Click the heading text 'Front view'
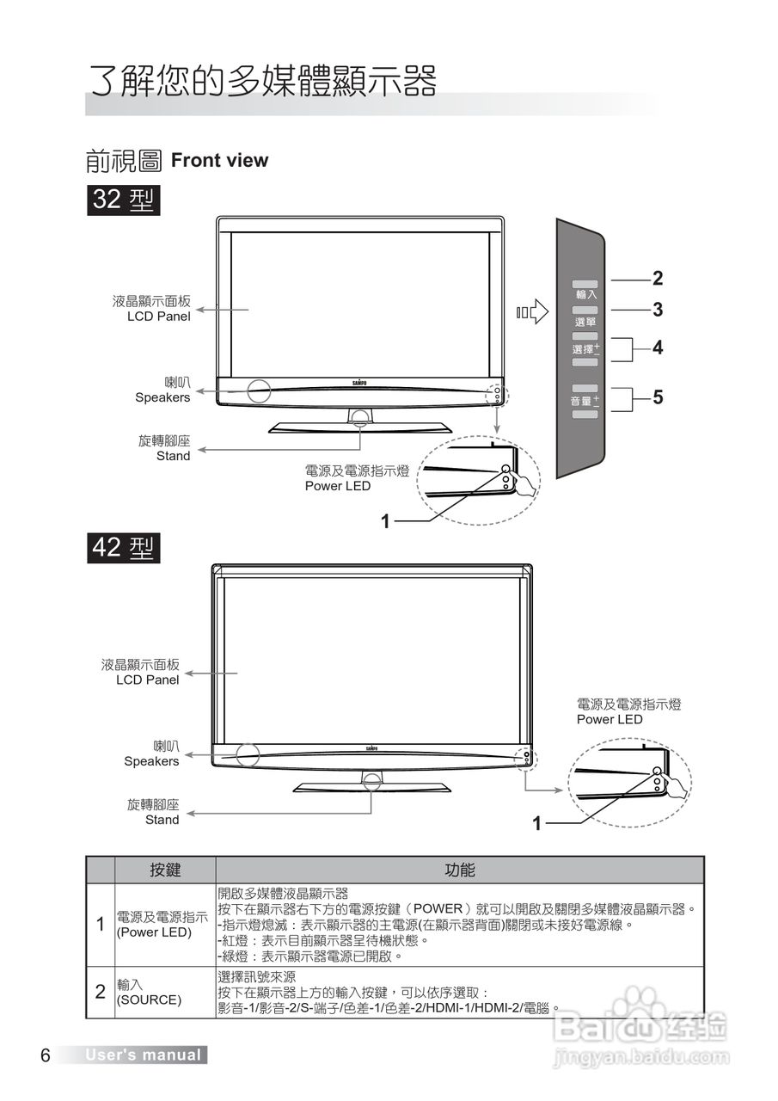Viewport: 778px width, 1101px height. pyautogui.click(x=219, y=160)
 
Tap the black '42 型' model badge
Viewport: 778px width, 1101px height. pyautogui.click(x=123, y=547)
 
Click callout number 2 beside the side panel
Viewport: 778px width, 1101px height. pyautogui.click(x=658, y=278)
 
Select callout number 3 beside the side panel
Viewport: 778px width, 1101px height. pyautogui.click(x=658, y=309)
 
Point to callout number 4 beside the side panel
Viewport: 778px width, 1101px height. pyautogui.click(x=658, y=348)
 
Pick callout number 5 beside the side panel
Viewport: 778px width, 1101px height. pyautogui.click(x=658, y=397)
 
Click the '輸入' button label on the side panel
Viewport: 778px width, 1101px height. pyautogui.click(x=586, y=294)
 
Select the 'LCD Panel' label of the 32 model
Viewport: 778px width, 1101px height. pyautogui.click(x=158, y=317)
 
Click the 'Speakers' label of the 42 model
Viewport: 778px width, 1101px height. pyautogui.click(x=151, y=761)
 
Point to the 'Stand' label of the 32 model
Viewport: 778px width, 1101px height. pyautogui.click(x=173, y=456)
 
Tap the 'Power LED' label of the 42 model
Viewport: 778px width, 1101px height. pyautogui.click(x=610, y=719)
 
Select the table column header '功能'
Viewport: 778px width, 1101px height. pyautogui.click(x=459, y=870)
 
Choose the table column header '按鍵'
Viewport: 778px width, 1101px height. pyautogui.click(x=165, y=870)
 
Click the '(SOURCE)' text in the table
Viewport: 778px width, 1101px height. pyautogui.click(x=150, y=1000)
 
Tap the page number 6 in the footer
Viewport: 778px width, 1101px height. pyautogui.click(x=46, y=1055)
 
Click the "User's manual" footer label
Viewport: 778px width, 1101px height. pyautogui.click(x=143, y=1055)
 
